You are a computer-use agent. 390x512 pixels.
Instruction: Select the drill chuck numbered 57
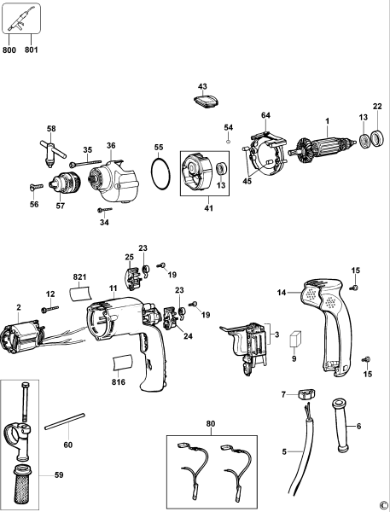63,183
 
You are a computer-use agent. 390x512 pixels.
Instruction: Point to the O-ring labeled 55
158,176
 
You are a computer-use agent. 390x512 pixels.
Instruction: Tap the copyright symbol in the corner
382,504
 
